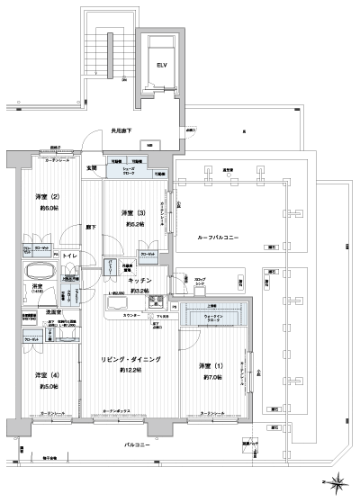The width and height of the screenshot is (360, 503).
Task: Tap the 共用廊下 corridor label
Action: click(x=122, y=131)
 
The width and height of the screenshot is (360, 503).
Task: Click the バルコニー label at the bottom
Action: click(x=139, y=445)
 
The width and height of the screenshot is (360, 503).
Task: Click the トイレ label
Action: click(x=70, y=256)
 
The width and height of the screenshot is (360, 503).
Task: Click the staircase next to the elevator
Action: click(x=102, y=49)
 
